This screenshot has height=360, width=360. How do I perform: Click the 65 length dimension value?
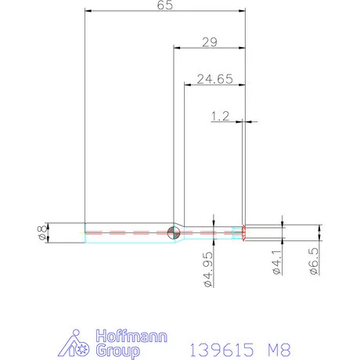pos(164,5)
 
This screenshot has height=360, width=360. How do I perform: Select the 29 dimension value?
pos(209,42)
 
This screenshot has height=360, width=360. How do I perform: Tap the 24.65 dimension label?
pos(214,78)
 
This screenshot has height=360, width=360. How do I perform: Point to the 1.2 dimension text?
pos(220,116)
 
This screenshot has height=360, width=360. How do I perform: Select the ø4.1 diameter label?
pos(276,264)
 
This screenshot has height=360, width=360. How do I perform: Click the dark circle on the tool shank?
pos(173,232)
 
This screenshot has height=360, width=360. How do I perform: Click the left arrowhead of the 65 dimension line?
pos(86,11)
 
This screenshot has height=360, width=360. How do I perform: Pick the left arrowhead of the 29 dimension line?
pos(175,48)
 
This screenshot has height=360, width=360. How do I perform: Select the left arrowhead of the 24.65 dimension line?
pos(186,84)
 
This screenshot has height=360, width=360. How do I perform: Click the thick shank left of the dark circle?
pos(125,232)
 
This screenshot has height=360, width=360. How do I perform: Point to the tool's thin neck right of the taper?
pos(211,232)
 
